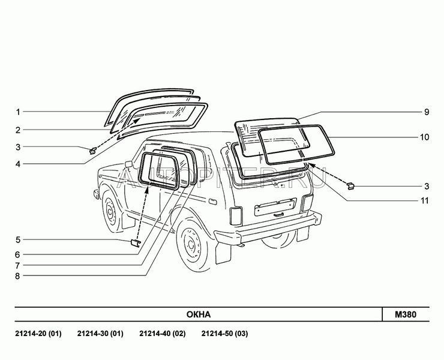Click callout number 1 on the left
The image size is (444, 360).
pos(18,112)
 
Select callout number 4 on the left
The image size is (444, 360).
pos(18,164)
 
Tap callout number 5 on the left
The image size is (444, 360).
pos(18,240)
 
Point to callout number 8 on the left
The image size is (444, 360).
pos(18,276)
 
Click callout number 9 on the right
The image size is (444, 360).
pos(425,112)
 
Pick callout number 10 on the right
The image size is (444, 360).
pos(424,137)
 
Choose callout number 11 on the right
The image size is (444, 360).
pos(424,200)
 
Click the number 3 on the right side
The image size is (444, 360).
pos(425,187)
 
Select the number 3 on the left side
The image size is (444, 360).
pos(18,147)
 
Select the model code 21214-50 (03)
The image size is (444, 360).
pos(224,334)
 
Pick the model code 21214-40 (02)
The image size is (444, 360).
pos(162,334)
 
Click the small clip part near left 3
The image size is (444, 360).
pos(93,149)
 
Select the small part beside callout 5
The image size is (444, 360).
pos(135,242)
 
